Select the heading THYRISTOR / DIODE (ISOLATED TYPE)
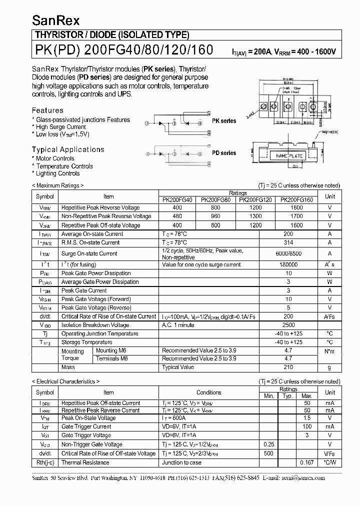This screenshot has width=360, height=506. [111, 35]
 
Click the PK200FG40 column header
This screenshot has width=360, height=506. [177, 199]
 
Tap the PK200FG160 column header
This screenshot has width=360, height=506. [296, 199]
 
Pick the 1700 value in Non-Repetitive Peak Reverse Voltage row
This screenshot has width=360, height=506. [296, 216]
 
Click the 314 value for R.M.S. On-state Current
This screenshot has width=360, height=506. [288, 242]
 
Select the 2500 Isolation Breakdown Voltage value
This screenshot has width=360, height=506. [288, 325]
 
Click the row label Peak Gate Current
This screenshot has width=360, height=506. [84, 290]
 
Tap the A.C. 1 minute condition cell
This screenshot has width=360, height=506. [178, 325]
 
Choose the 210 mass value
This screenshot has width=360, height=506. [288, 367]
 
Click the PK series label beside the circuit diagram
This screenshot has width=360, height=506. [224, 121]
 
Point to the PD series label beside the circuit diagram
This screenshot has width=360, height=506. [224, 153]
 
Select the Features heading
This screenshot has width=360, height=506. [47, 110]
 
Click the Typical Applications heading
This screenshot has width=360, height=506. [68, 149]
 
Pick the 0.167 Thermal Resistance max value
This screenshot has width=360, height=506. [307, 462]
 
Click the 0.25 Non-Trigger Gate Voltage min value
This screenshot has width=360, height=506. [269, 444]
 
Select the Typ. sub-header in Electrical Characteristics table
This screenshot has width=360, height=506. [288, 396]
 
